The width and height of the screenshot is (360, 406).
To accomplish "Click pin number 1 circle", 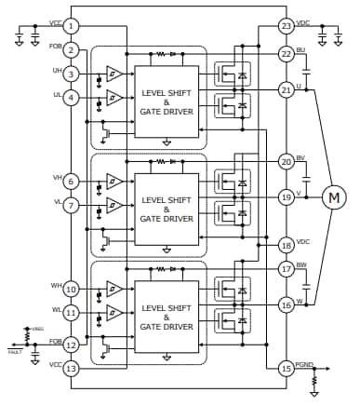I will tap(72, 25).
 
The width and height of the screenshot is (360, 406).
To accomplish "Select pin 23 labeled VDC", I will tap(286, 25).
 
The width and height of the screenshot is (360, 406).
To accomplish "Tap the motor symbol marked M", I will tap(333, 196).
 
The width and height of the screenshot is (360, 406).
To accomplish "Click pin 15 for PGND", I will tap(286, 369).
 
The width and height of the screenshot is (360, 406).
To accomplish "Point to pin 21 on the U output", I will tap(286, 89).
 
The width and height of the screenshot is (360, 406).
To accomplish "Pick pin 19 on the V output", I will tap(286, 196).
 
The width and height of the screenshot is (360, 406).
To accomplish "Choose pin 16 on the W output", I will tap(286, 304).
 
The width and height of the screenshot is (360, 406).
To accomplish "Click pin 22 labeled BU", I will tap(286, 54).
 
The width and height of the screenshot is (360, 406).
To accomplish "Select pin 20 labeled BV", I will tap(286, 161).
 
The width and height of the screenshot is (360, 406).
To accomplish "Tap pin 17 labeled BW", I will tap(286, 269).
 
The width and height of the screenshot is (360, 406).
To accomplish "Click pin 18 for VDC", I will tap(286, 245).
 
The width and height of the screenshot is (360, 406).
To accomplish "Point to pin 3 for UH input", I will tap(72, 74).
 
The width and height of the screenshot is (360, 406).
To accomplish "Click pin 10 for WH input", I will tap(72, 291).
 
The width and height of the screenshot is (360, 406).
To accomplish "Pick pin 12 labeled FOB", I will tap(72, 345).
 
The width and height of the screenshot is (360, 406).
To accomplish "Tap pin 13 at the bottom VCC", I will tap(72, 369).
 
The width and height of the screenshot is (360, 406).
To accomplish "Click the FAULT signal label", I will tap(14, 352).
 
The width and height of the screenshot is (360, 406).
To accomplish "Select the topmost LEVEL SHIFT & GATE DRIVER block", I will tap(167, 98).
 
